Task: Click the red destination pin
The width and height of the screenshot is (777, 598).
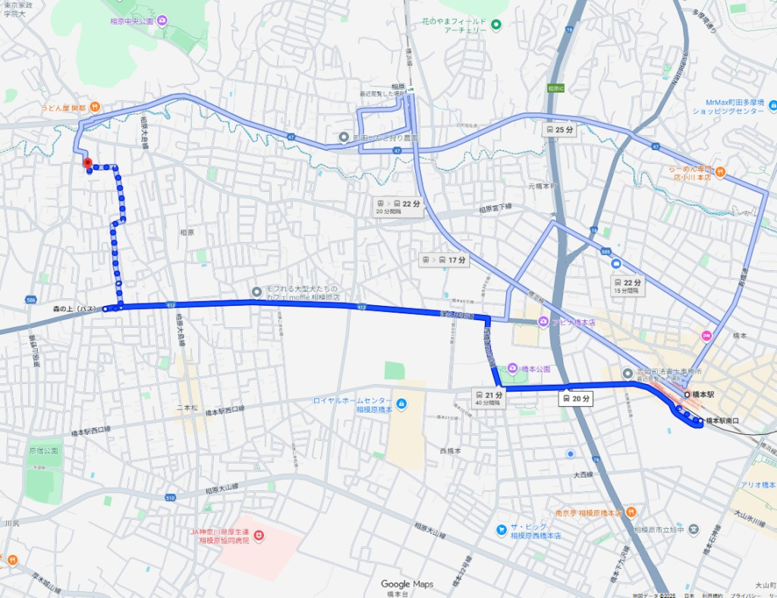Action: (87, 162)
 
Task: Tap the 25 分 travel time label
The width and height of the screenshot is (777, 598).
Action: (559, 130)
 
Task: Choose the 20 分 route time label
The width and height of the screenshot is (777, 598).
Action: (575, 398)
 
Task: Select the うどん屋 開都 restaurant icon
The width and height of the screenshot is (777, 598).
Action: (94, 107)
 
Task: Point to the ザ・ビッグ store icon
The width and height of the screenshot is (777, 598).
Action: (501, 529)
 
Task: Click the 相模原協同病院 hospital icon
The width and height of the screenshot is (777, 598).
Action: (260, 536)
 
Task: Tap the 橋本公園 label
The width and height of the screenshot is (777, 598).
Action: (535, 369)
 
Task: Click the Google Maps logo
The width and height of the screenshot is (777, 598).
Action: (407, 584)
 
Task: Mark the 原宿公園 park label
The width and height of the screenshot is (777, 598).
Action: (43, 450)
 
